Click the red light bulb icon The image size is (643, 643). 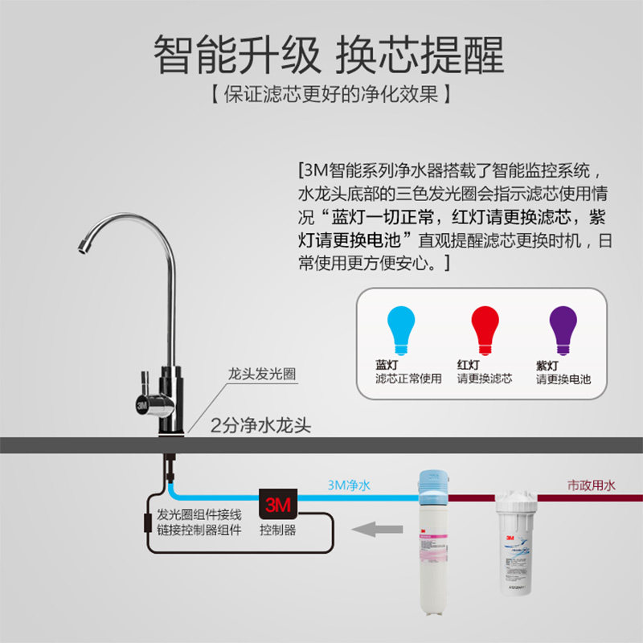click(x=483, y=330)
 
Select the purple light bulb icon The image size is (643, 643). click(x=562, y=330)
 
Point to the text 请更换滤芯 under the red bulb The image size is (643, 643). click(x=485, y=378)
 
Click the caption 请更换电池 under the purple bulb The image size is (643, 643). click(x=563, y=379)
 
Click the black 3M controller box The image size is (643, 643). click(x=277, y=505)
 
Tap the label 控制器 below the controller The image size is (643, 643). click(x=277, y=530)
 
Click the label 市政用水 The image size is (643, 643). click(x=591, y=485)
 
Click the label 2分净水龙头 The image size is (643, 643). click(x=260, y=425)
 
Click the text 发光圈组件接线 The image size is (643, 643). click(x=199, y=514)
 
